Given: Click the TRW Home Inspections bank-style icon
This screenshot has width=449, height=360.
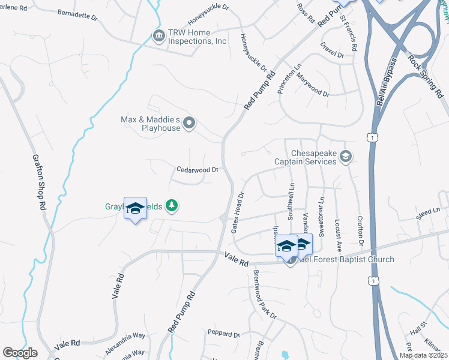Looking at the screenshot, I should click(158, 37).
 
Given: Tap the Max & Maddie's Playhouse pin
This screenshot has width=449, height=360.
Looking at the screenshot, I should click(190, 124).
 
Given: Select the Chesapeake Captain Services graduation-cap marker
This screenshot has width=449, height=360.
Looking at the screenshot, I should click(345, 157).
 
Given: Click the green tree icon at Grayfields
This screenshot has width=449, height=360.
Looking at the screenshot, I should click(172, 206).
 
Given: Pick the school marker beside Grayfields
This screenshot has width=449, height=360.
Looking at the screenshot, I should click(135, 208).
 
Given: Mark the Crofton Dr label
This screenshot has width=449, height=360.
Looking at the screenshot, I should click(360, 234).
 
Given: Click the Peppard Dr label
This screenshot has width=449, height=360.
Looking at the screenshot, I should click(224, 334).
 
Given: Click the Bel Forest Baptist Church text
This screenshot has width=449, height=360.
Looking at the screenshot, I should click(347, 260).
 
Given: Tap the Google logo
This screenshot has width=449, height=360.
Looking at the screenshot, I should click(20, 353).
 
